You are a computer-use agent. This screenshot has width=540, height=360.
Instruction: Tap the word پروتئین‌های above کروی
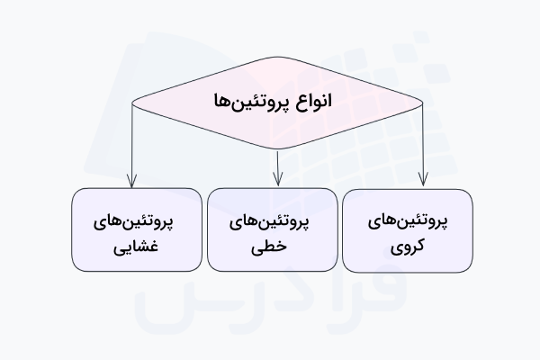[409, 220]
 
